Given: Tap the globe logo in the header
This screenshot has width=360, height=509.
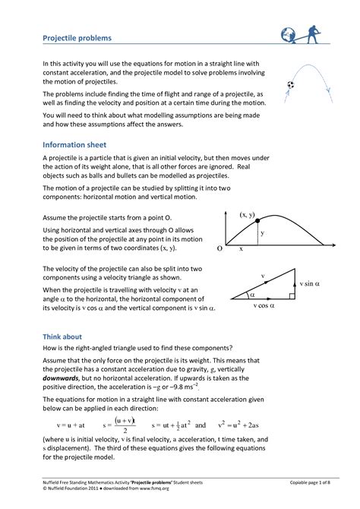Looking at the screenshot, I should pos(290,35).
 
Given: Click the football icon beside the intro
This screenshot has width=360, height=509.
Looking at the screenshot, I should pos(290,85).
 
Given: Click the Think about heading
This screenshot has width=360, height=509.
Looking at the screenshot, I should pos(62,337).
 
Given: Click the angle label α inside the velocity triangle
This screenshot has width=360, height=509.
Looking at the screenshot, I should pos(252,292).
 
